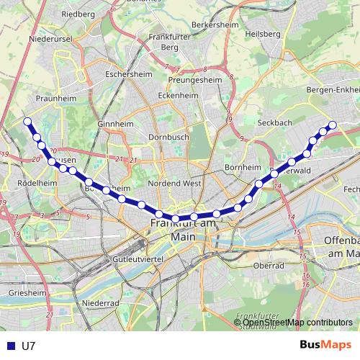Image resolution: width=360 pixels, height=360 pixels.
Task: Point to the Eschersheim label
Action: (x=127, y=73)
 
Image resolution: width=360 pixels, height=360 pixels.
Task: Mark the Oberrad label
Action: (x=268, y=266)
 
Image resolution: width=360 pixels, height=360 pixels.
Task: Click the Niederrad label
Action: (x=101, y=303)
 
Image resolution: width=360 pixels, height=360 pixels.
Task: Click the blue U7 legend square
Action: (x=8, y=346)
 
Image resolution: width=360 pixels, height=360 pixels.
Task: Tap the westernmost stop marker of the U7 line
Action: (x=27, y=121)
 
